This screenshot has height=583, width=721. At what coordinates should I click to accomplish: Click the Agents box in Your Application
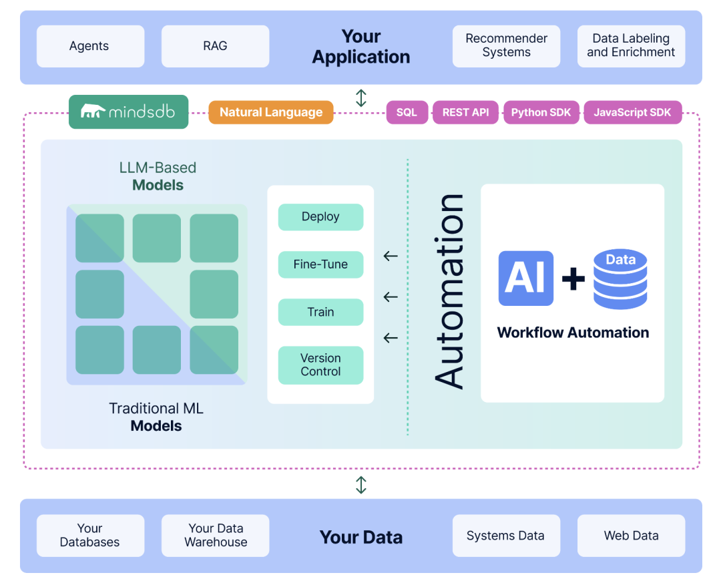pos(90,46)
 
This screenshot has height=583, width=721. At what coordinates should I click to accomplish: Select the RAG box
pos(215,46)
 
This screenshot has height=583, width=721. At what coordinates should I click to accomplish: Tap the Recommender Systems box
pos(506,46)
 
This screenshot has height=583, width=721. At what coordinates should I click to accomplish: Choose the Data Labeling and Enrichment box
pos(631,46)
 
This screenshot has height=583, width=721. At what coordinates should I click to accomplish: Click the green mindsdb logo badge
pos(128,112)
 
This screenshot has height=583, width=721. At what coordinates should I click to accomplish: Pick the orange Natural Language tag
pos(271,112)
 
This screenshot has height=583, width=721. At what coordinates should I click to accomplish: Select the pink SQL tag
pos(407,112)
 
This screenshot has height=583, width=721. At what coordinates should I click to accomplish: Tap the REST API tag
pos(465,112)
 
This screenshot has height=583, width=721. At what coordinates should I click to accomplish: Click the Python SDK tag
pos(541,112)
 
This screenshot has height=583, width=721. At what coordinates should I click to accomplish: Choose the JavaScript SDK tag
pos(632,112)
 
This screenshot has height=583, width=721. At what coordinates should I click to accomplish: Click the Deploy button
pos(320,217)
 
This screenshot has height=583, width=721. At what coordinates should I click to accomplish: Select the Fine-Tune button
pos(320,264)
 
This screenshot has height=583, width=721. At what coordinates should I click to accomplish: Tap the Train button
pos(320,312)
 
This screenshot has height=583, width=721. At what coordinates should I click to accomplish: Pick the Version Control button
pos(320,365)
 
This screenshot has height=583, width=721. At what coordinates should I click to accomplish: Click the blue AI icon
pos(526,278)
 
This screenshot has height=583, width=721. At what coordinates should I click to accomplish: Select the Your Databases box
pos(90,536)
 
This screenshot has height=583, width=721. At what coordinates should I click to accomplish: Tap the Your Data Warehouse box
pos(215,536)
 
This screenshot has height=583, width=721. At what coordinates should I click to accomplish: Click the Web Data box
pos(631,536)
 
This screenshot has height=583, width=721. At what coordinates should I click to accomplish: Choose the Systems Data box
pos(506,536)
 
